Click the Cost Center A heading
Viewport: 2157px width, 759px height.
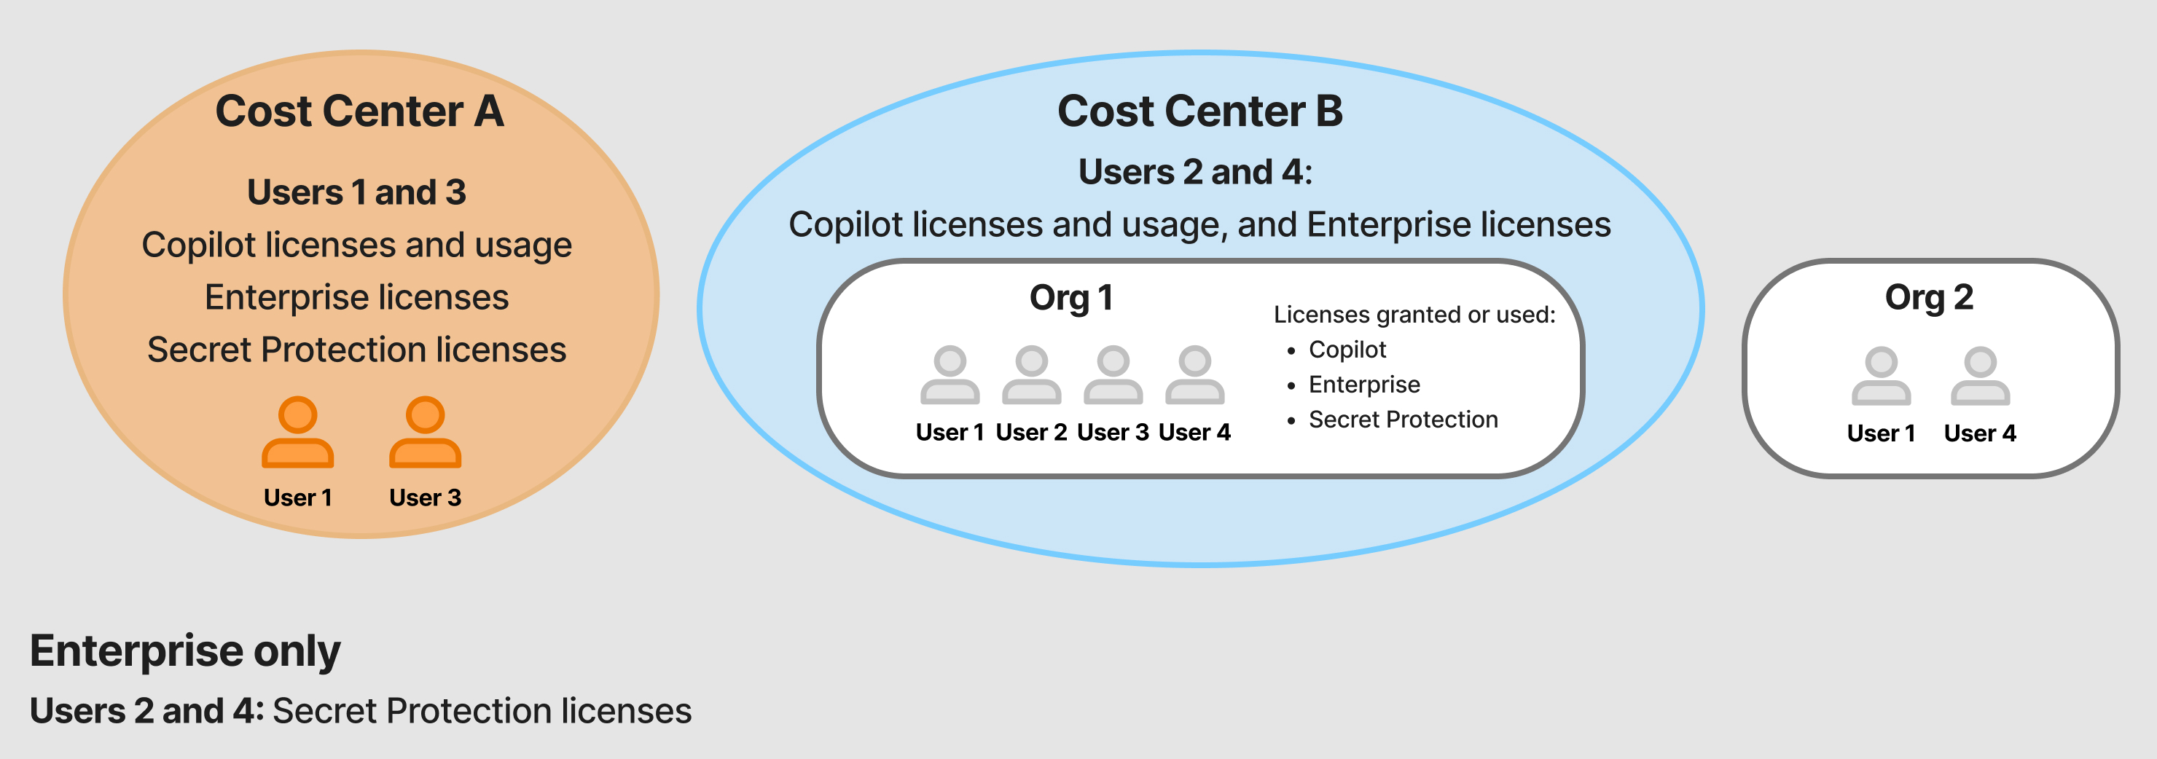359,111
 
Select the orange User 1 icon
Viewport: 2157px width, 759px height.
297,432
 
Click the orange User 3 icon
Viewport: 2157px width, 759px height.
426,432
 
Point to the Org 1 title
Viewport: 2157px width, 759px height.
1071,298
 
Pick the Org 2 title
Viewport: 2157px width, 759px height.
1928,298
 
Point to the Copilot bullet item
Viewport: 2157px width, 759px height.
1347,350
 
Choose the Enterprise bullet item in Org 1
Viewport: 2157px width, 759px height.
1364,385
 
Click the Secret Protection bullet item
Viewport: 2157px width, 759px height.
1403,420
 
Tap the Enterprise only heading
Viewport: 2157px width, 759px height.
185,651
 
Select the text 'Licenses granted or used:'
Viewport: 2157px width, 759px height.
1414,315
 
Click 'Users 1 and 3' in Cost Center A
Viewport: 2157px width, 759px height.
357,192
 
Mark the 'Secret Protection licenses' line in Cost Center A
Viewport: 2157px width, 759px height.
357,350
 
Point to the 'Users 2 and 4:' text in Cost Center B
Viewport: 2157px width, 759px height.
1195,173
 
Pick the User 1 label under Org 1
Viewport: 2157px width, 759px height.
950,433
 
